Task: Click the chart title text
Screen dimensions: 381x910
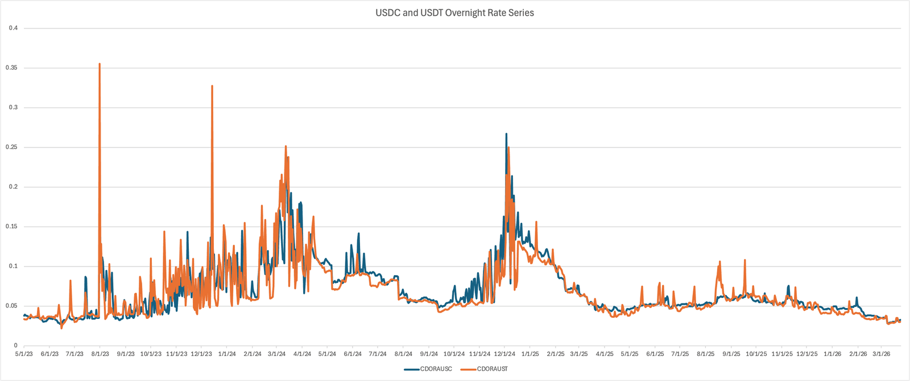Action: [x=454, y=13]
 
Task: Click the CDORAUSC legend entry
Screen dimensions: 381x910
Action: [x=436, y=369]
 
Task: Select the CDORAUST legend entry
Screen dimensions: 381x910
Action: [x=492, y=369]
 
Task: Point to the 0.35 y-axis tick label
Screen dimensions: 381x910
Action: [x=11, y=68]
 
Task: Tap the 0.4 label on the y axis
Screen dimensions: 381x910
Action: [x=13, y=28]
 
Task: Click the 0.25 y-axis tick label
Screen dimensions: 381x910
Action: [x=11, y=147]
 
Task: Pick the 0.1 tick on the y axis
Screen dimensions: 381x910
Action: [x=13, y=266]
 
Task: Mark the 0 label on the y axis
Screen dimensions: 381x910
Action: [x=16, y=345]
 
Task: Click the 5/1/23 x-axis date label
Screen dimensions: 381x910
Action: [x=24, y=354]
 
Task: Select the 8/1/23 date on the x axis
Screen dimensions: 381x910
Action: [x=100, y=354]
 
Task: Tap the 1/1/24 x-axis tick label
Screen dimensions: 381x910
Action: [x=227, y=354]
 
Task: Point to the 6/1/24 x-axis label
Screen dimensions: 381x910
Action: [x=353, y=354]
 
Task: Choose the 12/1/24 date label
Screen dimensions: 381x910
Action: [x=504, y=354]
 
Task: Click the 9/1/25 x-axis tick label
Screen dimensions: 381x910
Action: [x=731, y=354]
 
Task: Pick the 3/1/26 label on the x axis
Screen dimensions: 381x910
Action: [x=881, y=354]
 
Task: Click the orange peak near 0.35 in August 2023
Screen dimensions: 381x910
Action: [x=100, y=64]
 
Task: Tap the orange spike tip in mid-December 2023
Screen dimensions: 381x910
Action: [x=212, y=87]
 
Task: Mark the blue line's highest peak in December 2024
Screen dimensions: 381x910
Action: [x=506, y=134]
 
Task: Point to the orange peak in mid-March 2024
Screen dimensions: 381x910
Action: [x=286, y=146]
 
